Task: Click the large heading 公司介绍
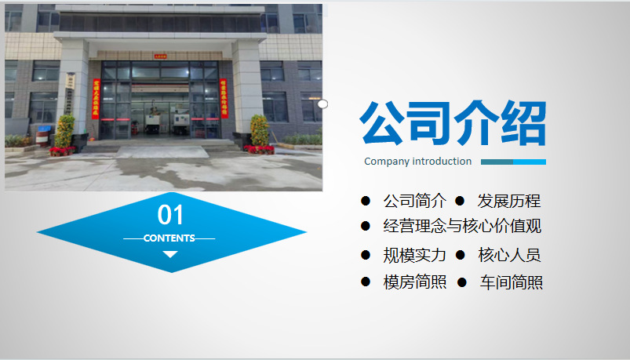(453, 123)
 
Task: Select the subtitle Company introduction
(418, 162)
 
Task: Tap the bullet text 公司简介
(415, 201)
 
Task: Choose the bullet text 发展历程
(509, 201)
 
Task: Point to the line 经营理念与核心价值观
(462, 226)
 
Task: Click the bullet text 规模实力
(415, 255)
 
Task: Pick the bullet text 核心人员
(509, 255)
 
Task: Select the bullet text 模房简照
(415, 282)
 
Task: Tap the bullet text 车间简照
(511, 282)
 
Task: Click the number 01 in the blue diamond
(170, 215)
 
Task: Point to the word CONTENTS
(169, 238)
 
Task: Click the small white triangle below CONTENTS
(170, 254)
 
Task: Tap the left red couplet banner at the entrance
(96, 99)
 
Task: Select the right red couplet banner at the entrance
(224, 99)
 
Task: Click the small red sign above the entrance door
(160, 56)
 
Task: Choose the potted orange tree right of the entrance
(260, 133)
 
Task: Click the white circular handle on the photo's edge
(322, 104)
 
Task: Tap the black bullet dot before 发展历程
(460, 201)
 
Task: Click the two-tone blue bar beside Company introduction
(513, 162)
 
